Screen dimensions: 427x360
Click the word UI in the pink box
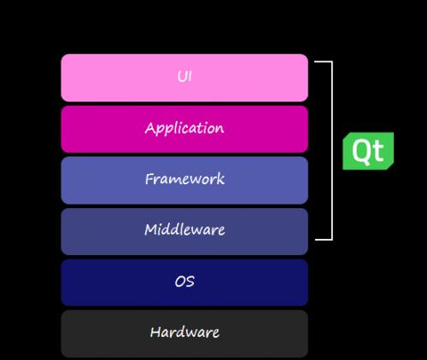point(184,77)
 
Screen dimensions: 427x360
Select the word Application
point(184,129)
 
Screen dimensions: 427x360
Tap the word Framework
point(184,179)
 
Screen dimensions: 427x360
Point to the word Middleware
point(184,229)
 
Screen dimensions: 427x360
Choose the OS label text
point(184,282)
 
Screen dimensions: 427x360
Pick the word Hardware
point(184,332)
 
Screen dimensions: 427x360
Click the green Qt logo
point(368,151)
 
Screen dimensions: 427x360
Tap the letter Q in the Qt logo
point(362,152)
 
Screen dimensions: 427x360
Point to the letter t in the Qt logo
point(378,152)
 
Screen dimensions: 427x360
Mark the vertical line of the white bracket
point(331,150)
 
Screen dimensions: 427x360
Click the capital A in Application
point(150,128)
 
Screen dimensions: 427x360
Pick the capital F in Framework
point(149,178)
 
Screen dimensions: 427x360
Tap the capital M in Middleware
point(151,229)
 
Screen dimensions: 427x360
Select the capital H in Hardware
point(155,332)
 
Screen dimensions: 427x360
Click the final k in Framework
point(220,179)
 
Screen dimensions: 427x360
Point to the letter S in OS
point(190,282)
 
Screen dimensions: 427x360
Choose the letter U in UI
point(182,77)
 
